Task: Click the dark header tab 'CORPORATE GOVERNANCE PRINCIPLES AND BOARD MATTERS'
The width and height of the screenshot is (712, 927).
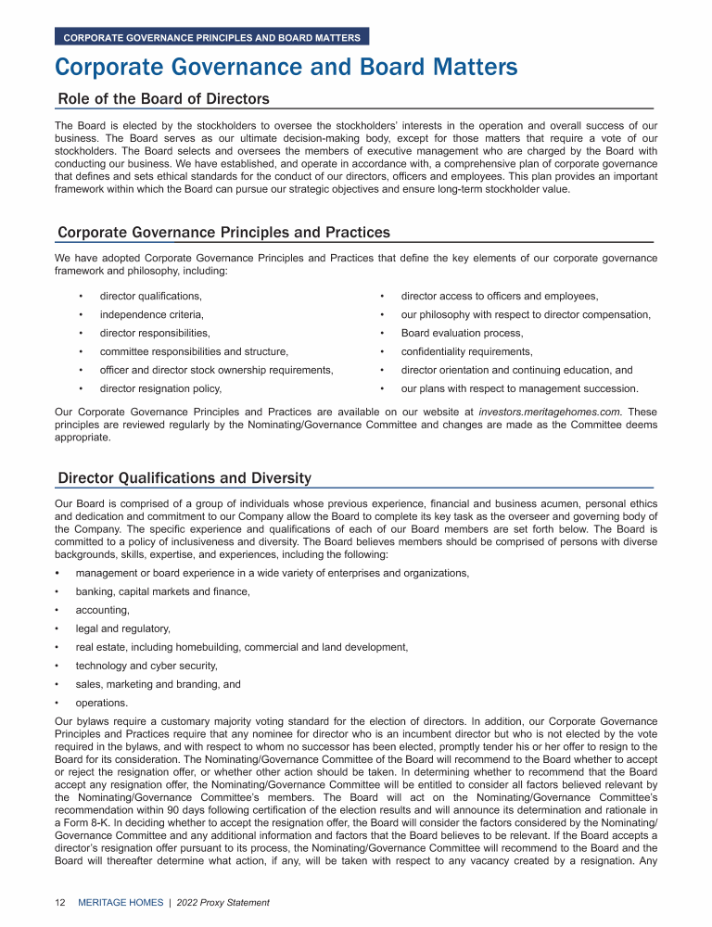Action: pyautogui.click(x=212, y=38)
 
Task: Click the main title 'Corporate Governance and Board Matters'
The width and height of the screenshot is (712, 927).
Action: pyautogui.click(x=286, y=68)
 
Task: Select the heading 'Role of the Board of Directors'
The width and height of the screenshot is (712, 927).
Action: pyautogui.click(x=163, y=99)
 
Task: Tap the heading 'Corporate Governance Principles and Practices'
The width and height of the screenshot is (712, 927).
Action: pyautogui.click(x=223, y=232)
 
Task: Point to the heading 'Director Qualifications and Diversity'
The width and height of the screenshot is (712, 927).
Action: pyautogui.click(x=184, y=478)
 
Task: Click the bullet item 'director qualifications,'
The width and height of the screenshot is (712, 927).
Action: pyautogui.click(x=150, y=296)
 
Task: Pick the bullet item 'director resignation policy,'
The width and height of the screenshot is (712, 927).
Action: pyautogui.click(x=160, y=388)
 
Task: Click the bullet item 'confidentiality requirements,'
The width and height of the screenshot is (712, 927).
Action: pyautogui.click(x=466, y=351)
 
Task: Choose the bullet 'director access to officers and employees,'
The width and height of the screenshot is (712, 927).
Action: pyautogui.click(x=499, y=296)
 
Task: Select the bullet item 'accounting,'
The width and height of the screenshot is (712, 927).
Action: pyautogui.click(x=102, y=610)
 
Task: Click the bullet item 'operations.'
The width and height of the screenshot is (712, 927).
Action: pyautogui.click(x=101, y=703)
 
